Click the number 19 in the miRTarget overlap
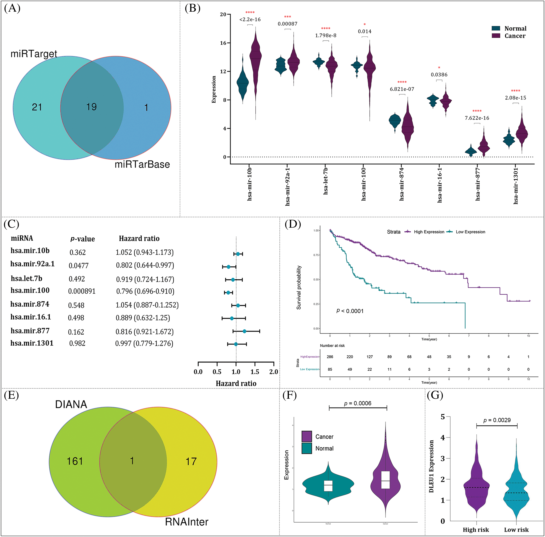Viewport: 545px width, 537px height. pyautogui.click(x=91, y=107)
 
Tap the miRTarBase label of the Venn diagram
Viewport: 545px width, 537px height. pyautogui.click(x=142, y=164)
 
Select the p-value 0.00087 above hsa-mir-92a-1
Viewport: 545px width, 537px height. pyautogui.click(x=288, y=24)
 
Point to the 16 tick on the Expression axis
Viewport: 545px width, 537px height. pyautogui.click(x=223, y=43)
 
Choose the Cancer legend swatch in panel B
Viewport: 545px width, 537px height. pyautogui.click(x=496, y=36)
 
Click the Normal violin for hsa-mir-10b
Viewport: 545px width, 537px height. pyautogui.click(x=243, y=83)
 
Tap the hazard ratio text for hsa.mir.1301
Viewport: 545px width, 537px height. pyautogui.click(x=144, y=343)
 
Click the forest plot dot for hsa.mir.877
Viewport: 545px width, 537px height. pyautogui.click(x=244, y=331)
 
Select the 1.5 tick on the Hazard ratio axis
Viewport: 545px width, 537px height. pyautogui.click(x=255, y=372)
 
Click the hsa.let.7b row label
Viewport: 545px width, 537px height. pyautogui.click(x=26, y=278)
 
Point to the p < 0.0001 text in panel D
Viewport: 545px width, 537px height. pyautogui.click(x=350, y=311)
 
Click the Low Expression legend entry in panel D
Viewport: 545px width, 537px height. pyautogui.click(x=470, y=232)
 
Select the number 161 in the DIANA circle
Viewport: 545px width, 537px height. pyautogui.click(x=75, y=461)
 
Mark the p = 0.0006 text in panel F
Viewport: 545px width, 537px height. pyautogui.click(x=358, y=403)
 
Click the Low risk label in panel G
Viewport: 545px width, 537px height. pyautogui.click(x=516, y=530)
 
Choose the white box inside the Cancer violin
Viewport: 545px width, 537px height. pyautogui.click(x=385, y=480)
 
